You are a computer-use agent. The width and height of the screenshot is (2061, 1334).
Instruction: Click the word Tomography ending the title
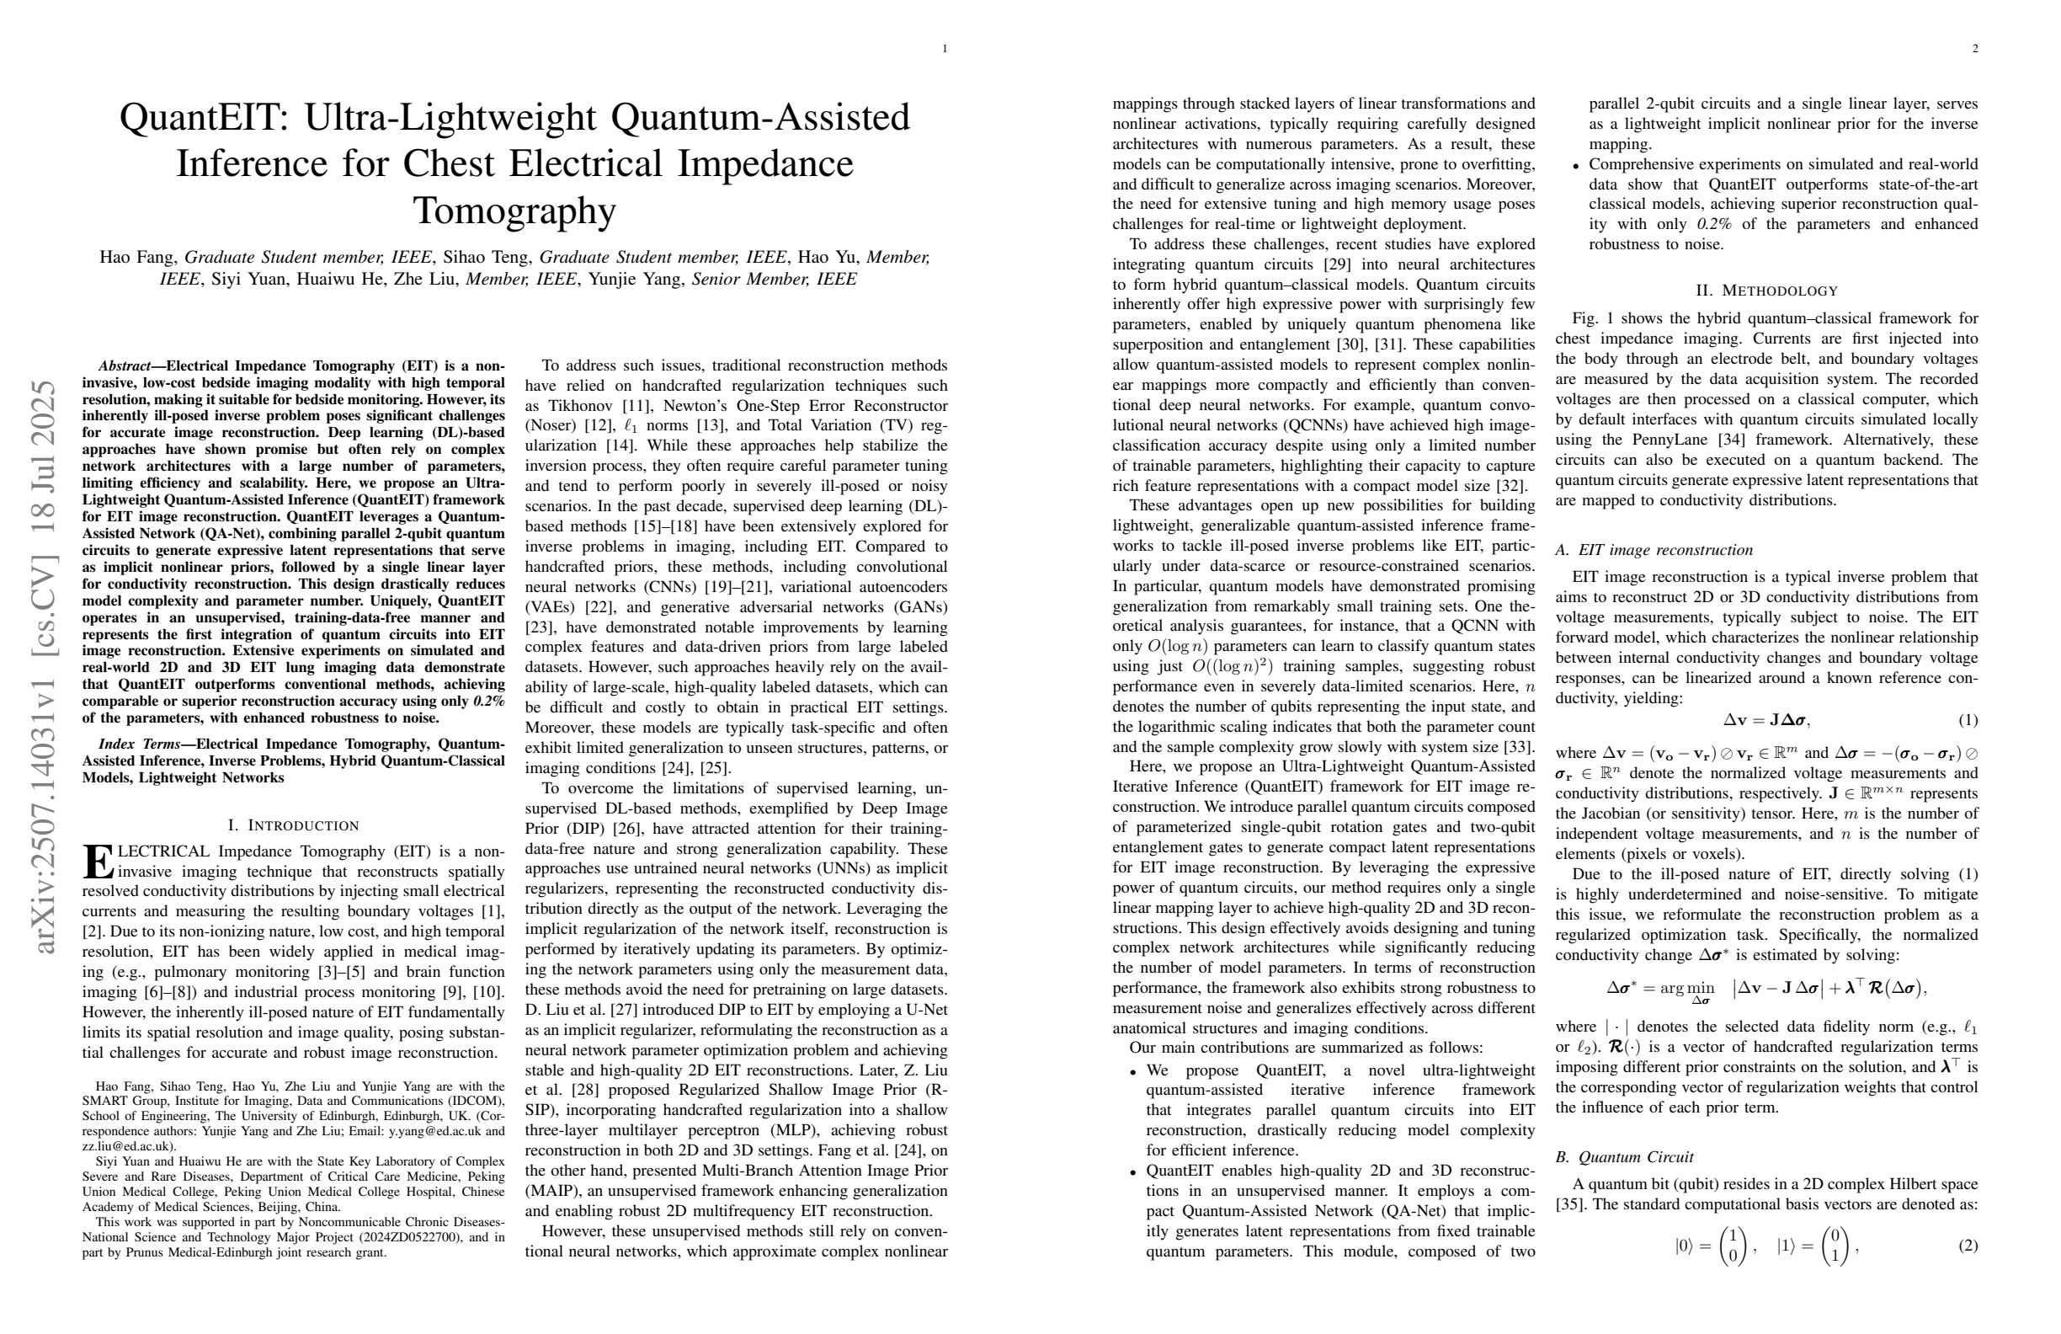(514, 211)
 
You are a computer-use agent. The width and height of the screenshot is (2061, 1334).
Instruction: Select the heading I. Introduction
(293, 825)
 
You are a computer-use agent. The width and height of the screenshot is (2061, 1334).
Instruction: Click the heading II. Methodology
(1766, 291)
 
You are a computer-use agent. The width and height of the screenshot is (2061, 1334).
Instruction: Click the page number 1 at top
(945, 49)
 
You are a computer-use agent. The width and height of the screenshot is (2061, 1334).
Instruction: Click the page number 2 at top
(1975, 49)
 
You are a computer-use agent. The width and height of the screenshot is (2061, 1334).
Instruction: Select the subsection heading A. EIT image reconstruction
(1654, 550)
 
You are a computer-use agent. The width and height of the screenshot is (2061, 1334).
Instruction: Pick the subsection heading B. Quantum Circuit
(1624, 1157)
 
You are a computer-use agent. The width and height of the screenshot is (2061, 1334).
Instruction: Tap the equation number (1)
(1968, 721)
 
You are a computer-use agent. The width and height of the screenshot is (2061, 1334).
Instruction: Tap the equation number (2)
(1968, 1246)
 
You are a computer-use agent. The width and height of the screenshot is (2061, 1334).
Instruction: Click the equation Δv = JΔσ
(1765, 721)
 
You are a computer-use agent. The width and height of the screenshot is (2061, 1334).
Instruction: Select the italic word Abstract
(125, 366)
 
